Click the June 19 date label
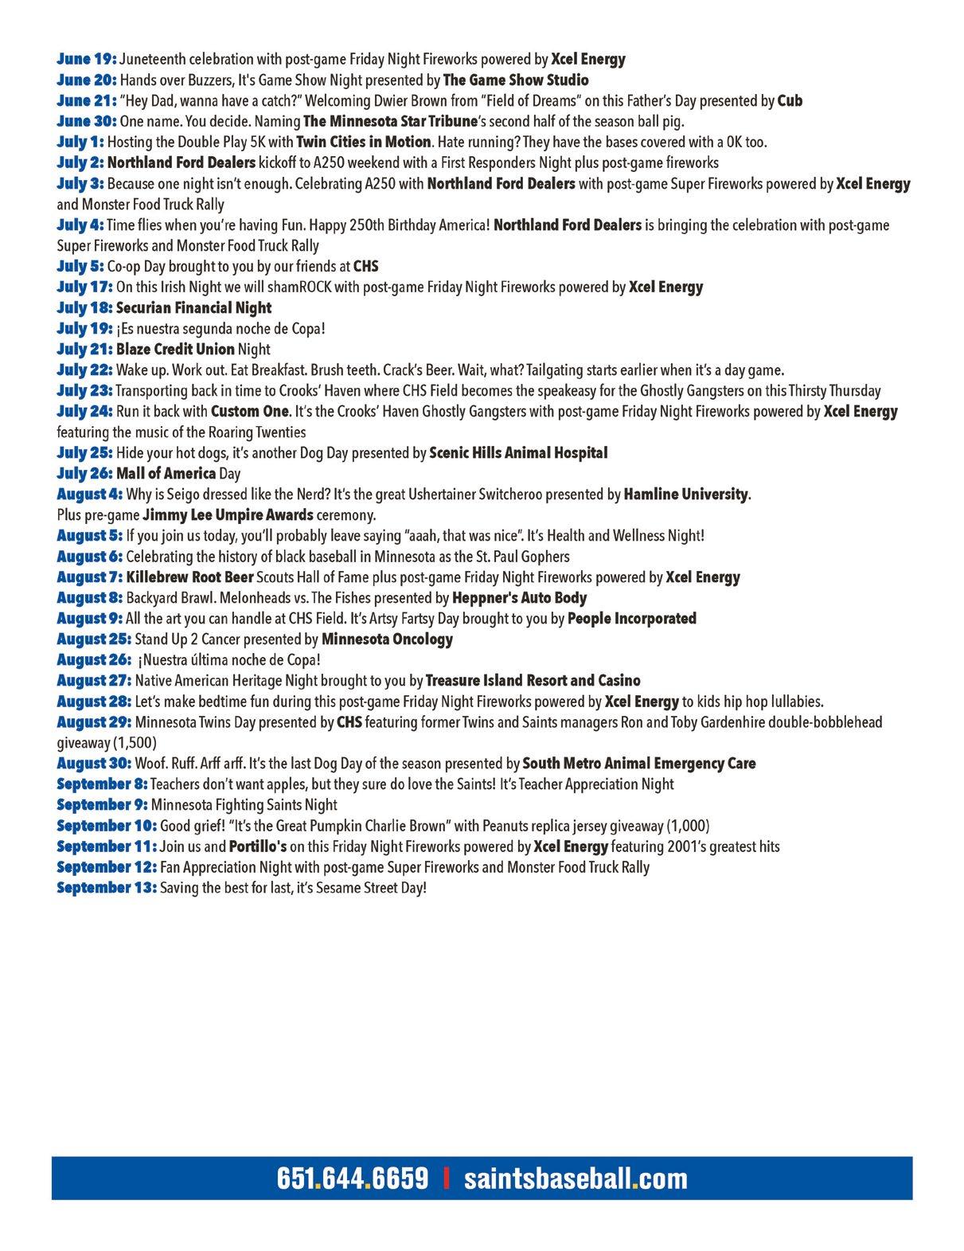point(87,59)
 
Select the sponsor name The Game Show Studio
point(516,80)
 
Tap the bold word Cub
point(790,100)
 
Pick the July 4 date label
point(80,225)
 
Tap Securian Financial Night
point(193,307)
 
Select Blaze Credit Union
point(175,349)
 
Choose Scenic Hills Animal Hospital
point(518,452)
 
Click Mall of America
point(166,473)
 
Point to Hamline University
point(685,494)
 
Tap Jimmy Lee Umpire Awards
point(239,514)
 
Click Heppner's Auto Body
point(519,597)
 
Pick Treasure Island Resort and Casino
point(533,680)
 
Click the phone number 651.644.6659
point(353,1178)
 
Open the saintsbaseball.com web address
point(576,1178)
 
